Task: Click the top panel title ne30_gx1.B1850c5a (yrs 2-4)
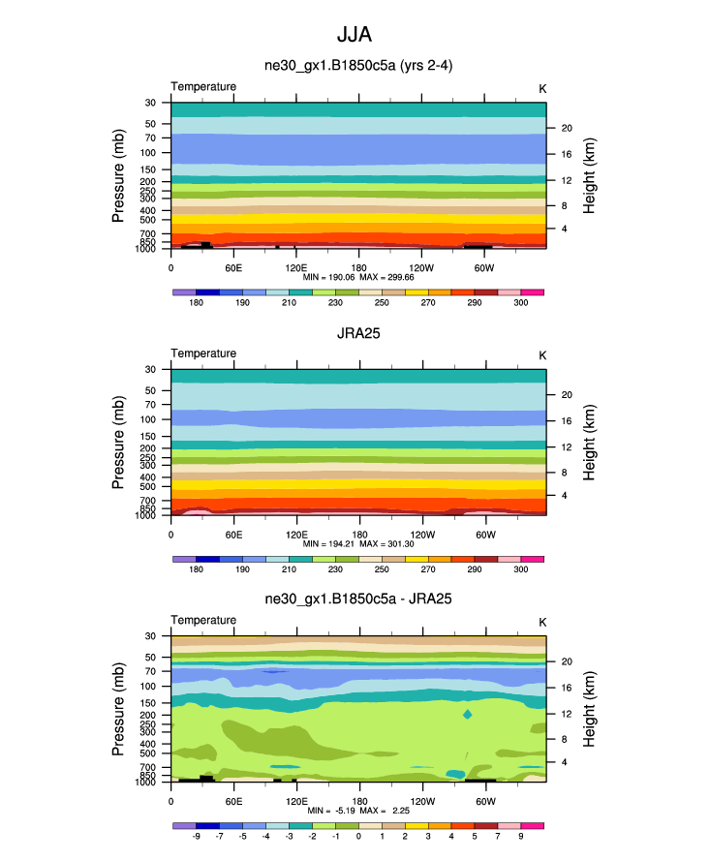(x=359, y=66)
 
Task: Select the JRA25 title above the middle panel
(x=359, y=332)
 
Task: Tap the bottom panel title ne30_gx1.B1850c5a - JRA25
(x=359, y=599)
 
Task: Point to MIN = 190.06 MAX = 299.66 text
(x=359, y=277)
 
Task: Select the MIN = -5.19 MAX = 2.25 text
(x=359, y=810)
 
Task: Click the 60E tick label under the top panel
(x=233, y=266)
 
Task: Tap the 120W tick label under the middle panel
(x=421, y=534)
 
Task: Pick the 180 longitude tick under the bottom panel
(x=359, y=801)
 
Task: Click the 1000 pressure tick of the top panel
(x=146, y=249)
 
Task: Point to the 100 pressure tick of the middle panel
(x=149, y=419)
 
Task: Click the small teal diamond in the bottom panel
(x=468, y=715)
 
